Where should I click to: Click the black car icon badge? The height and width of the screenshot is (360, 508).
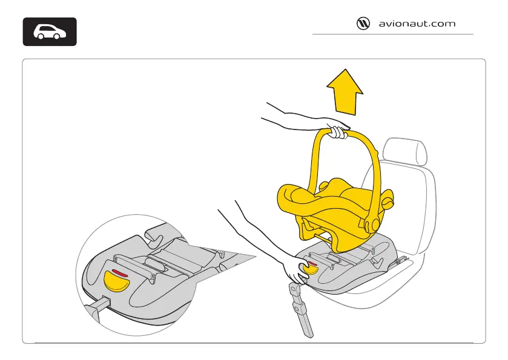50,32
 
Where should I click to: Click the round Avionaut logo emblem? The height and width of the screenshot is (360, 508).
362,24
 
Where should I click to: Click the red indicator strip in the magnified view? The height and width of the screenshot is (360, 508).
120,272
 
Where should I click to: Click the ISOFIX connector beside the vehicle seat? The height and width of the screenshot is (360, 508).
400,261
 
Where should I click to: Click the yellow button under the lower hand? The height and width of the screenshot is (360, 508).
311,269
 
